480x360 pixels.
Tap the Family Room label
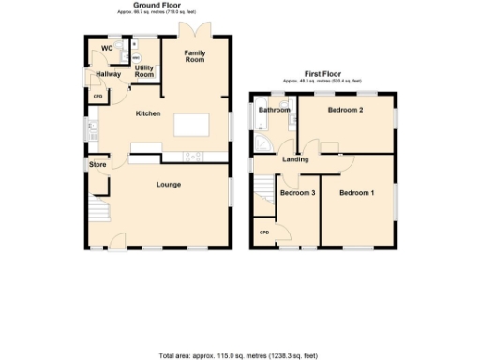(195, 56)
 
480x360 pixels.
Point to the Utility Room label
(144, 71)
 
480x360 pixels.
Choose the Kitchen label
(148, 114)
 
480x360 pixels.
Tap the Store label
(97, 165)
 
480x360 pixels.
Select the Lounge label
(169, 185)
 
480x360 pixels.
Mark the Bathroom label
(275, 111)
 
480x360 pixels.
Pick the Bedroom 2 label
(345, 111)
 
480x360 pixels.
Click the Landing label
(296, 159)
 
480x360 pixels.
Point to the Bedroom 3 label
(297, 193)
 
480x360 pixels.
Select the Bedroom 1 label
(357, 193)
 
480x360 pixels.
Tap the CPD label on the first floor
(264, 232)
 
